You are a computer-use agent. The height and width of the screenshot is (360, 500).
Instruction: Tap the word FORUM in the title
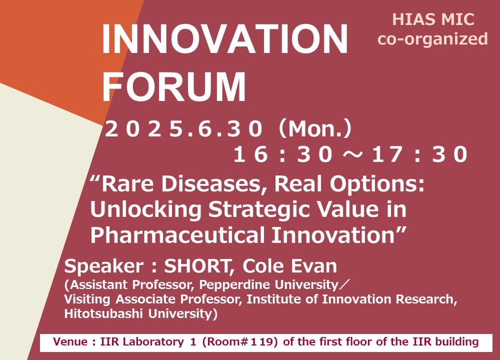pyautogui.click(x=174, y=87)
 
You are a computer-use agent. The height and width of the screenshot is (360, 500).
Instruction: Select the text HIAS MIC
pyautogui.click(x=433, y=19)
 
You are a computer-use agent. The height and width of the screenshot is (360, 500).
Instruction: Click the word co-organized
pyautogui.click(x=432, y=39)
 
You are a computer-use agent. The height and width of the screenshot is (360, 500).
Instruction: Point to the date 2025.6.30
pyautogui.click(x=183, y=129)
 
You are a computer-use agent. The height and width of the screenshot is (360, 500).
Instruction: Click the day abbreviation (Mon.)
pyautogui.click(x=315, y=129)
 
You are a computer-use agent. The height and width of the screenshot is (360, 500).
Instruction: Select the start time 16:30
pyautogui.click(x=283, y=154)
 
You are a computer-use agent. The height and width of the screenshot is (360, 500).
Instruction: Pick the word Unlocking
pyautogui.click(x=146, y=209)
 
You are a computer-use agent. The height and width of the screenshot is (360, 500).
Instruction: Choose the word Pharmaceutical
pyautogui.click(x=178, y=235)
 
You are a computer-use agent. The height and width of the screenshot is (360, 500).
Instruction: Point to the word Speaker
pyautogui.click(x=103, y=266)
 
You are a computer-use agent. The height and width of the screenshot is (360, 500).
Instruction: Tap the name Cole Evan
pyautogui.click(x=289, y=266)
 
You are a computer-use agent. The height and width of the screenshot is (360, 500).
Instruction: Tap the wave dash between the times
pyautogui.click(x=352, y=154)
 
